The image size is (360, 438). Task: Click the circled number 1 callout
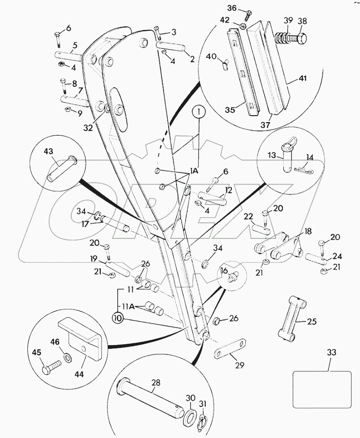[x=198, y=112]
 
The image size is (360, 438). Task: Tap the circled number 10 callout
[x=118, y=318]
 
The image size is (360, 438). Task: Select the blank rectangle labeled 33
[x=322, y=389]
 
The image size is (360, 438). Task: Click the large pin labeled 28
[x=151, y=395]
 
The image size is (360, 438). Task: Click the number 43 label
[x=48, y=151]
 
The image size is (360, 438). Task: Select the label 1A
[x=194, y=171]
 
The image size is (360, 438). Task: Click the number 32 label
[x=88, y=127]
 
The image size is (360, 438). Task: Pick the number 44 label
[x=79, y=374]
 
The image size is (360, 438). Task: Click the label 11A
[x=129, y=307]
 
